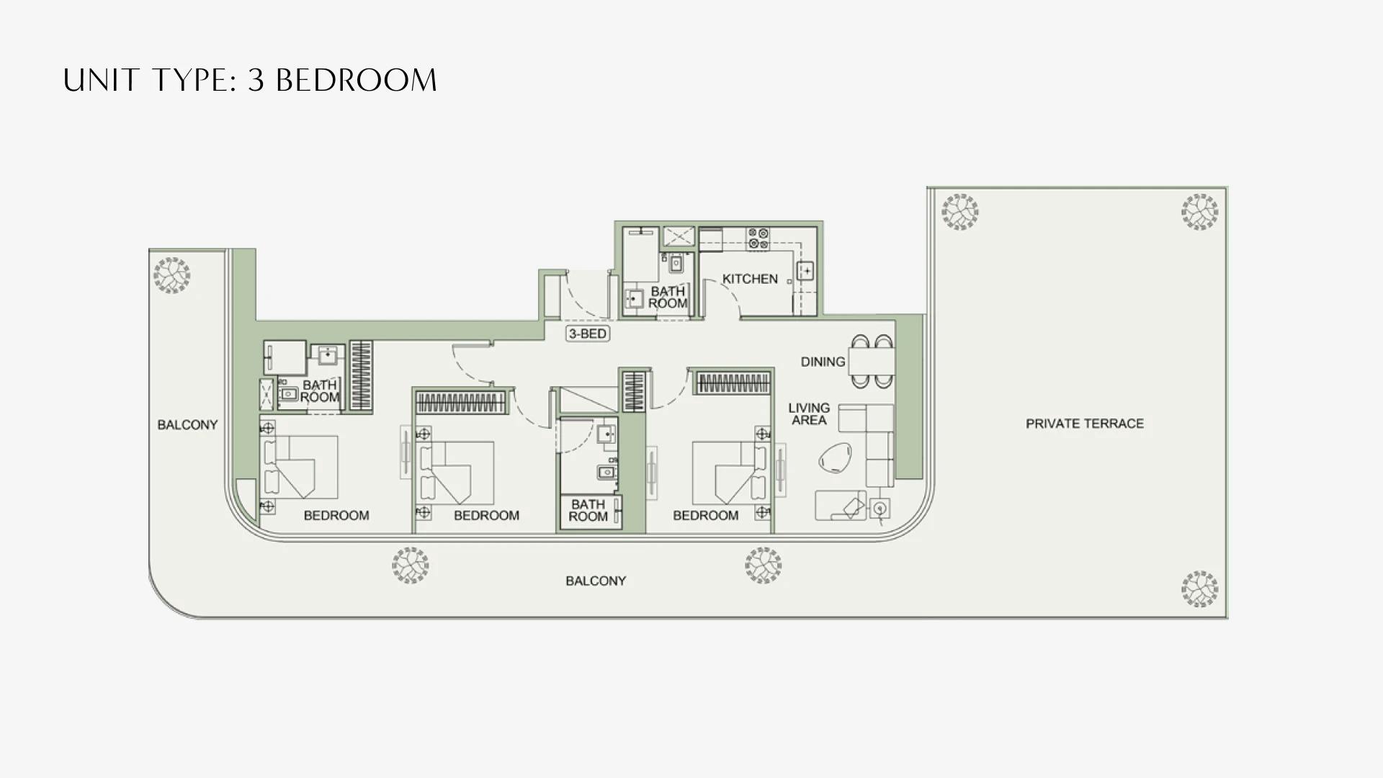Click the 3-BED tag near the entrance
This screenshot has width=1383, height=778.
click(x=588, y=334)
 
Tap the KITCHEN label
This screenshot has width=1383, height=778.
click(x=750, y=279)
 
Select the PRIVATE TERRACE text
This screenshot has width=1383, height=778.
click(x=1084, y=424)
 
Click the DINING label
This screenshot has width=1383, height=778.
click(x=823, y=362)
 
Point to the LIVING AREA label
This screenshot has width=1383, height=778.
click(x=809, y=413)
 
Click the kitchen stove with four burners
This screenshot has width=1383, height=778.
click(x=758, y=238)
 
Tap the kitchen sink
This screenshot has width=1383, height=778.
click(x=805, y=271)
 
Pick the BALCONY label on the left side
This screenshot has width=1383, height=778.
click(x=187, y=425)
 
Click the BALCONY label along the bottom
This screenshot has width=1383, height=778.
click(x=596, y=581)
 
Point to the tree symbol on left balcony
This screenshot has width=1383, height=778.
click(x=171, y=275)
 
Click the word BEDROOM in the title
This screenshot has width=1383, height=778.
click(x=357, y=80)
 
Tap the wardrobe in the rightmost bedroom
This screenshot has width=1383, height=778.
click(x=733, y=383)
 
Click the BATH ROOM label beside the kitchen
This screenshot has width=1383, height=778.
click(x=667, y=297)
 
